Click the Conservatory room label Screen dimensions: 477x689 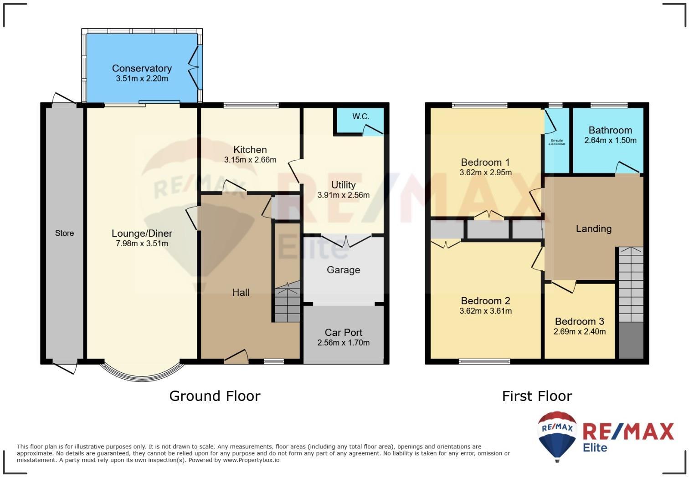[142, 68]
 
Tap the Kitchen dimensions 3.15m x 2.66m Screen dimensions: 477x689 [250, 160]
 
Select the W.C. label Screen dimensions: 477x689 [360, 117]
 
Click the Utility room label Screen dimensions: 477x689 [343, 185]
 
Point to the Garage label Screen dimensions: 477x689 [343, 270]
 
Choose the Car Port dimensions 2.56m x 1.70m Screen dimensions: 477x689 [343, 343]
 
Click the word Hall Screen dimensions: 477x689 [241, 293]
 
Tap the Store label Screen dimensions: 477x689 [64, 233]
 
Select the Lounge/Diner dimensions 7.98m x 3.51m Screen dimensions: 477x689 [142, 244]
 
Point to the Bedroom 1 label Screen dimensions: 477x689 [485, 162]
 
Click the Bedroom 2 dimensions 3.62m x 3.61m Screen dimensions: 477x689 [485, 311]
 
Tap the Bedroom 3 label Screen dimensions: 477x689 [579, 321]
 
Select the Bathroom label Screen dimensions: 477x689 [610, 130]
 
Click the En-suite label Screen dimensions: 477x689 [557, 141]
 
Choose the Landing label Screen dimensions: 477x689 [593, 228]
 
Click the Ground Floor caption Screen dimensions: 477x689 [215, 396]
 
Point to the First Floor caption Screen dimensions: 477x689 [537, 396]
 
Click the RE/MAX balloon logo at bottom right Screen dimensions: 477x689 [557, 435]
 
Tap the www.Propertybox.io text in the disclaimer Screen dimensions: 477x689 [251, 460]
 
